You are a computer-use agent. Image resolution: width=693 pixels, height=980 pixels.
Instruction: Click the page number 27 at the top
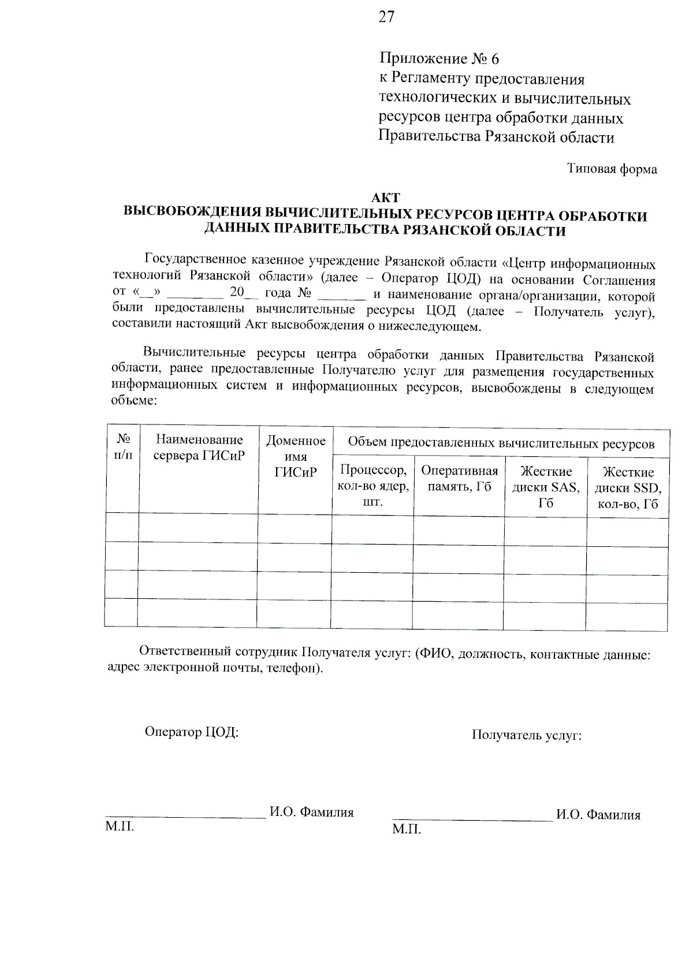(x=386, y=17)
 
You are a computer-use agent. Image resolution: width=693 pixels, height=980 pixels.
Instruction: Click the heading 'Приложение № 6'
(x=438, y=59)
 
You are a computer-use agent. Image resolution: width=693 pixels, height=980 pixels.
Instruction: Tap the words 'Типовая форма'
(x=612, y=169)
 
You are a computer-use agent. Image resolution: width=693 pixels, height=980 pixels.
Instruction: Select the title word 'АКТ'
(x=386, y=199)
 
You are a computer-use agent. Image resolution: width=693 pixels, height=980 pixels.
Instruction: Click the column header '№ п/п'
(x=123, y=447)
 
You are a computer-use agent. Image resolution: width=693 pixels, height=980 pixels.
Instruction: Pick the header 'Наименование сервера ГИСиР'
(x=199, y=448)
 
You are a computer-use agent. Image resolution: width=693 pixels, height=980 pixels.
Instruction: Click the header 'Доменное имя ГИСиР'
(x=295, y=456)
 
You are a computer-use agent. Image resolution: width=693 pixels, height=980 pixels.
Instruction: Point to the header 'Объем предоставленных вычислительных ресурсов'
(x=501, y=444)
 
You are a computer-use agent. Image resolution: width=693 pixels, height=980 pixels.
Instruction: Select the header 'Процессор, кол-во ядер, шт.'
(x=373, y=485)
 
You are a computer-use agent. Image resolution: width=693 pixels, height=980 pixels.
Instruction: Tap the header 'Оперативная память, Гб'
(x=459, y=478)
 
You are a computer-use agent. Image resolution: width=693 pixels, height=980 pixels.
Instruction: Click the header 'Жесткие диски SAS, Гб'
(x=546, y=487)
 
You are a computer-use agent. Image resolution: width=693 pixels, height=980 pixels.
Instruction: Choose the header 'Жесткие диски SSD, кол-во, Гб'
(x=628, y=489)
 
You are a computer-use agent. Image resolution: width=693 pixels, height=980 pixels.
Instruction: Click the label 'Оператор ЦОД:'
(x=191, y=732)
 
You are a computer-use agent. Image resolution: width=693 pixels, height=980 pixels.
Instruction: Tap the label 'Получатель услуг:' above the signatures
(x=526, y=735)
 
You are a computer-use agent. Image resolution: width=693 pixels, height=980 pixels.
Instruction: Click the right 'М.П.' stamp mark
(x=406, y=830)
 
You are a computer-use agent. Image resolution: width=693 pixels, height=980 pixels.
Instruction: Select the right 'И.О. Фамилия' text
(x=598, y=815)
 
